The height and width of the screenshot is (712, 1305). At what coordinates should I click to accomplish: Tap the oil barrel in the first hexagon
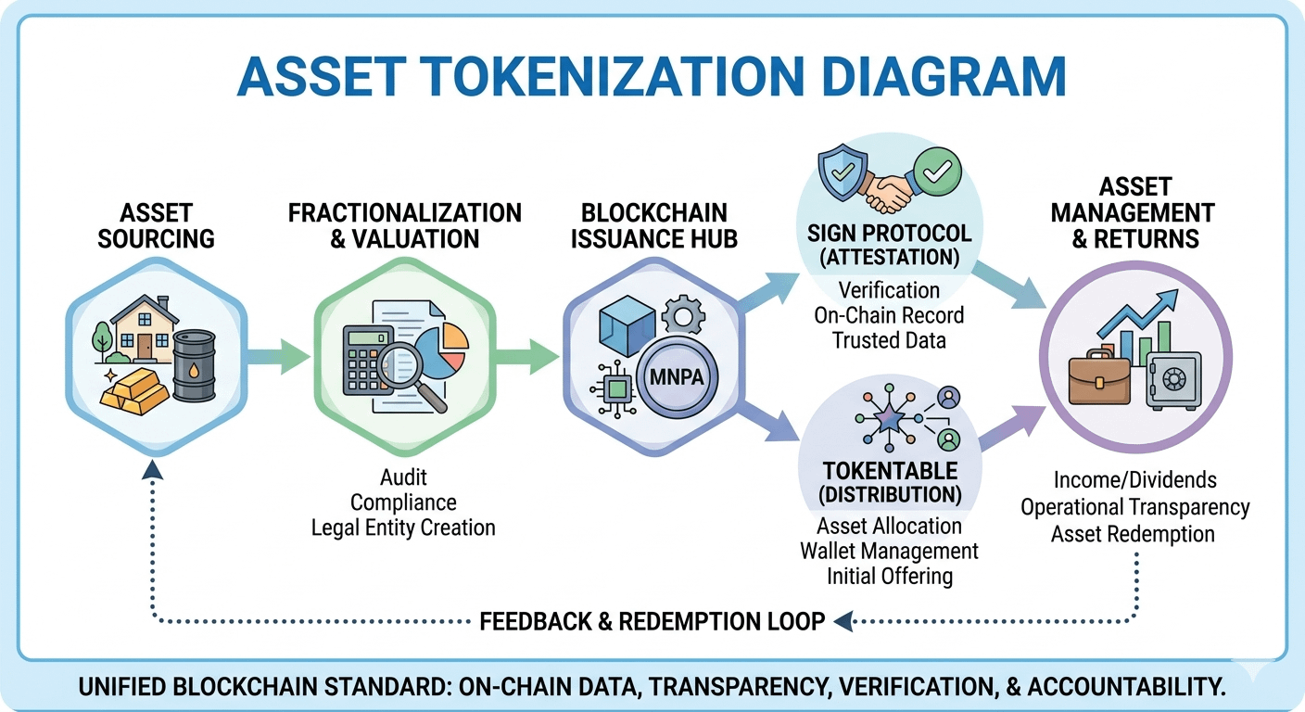tap(194, 367)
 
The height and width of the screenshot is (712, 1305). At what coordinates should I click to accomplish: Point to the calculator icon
tap(368, 361)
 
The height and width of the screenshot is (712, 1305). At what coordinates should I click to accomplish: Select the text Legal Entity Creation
tap(403, 528)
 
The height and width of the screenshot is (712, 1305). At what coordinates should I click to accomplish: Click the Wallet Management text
tap(889, 551)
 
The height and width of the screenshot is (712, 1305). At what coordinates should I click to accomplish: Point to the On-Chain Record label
tap(889, 315)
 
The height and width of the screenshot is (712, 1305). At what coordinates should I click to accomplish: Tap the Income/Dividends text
tap(1134, 480)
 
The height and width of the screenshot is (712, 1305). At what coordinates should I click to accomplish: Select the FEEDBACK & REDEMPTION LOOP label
tap(652, 621)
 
